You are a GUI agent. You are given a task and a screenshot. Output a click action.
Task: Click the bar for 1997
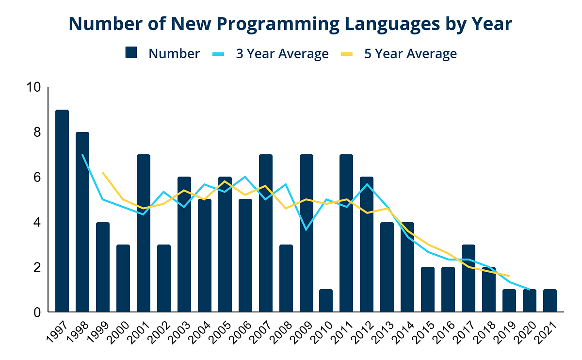pos(62,211)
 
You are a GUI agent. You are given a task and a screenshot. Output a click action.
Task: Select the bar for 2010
pos(326,301)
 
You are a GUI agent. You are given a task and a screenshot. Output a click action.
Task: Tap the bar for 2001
pos(144,233)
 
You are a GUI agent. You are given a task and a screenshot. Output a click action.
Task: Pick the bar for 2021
pos(550,301)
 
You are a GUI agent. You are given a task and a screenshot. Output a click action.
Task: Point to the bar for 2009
pos(306,233)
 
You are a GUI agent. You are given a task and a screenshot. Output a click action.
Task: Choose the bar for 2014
pos(407,267)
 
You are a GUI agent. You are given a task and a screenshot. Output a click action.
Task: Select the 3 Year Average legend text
pos(282,53)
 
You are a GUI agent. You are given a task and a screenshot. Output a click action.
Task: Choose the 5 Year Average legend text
pos(410,53)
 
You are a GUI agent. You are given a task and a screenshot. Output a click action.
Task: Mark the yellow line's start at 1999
pos(103,173)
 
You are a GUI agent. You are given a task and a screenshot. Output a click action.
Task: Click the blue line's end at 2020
pos(530,290)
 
